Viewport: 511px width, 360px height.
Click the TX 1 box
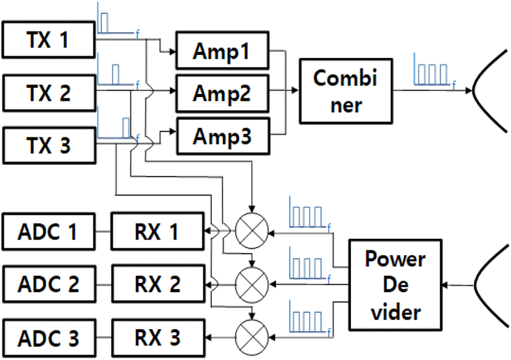[49, 40]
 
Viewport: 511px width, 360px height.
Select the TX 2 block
[49, 93]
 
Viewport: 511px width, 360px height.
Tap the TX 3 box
[49, 145]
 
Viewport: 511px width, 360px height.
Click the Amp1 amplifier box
[222, 51]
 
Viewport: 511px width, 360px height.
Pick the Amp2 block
[222, 93]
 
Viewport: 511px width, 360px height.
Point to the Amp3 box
[223, 136]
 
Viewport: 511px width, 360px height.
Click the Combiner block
[346, 91]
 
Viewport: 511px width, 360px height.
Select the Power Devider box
[395, 285]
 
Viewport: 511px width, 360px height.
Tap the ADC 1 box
[49, 232]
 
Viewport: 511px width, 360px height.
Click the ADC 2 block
[49, 284]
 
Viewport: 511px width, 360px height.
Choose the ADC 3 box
[49, 338]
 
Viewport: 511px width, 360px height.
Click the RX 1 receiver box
[158, 232]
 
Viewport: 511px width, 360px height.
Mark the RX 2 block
[158, 284]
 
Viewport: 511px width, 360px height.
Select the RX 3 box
[158, 338]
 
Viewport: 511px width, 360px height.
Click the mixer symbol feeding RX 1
[251, 231]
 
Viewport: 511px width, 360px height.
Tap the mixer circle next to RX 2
[251, 285]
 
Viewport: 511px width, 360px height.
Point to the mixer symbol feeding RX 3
[251, 337]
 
